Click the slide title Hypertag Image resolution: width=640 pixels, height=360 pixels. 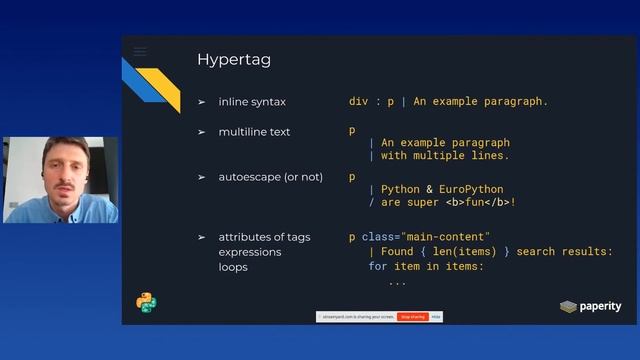(x=234, y=60)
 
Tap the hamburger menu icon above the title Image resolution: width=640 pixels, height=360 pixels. (x=140, y=51)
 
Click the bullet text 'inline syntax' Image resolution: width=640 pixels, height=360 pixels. (x=255, y=102)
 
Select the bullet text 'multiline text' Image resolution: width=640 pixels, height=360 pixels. (x=257, y=132)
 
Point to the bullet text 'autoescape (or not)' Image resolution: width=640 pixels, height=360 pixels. (x=271, y=177)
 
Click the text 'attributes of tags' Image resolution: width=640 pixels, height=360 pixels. (x=264, y=237)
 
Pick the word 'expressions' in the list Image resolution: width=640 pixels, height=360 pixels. (x=250, y=252)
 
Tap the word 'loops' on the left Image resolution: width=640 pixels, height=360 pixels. (x=235, y=267)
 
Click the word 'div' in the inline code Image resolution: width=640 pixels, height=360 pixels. (x=358, y=102)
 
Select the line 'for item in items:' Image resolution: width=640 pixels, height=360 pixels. (x=426, y=267)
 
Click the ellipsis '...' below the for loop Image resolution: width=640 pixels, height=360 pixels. (x=397, y=282)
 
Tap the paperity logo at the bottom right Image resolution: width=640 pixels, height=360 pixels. (x=590, y=306)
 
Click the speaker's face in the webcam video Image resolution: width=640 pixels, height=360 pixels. (x=59, y=170)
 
